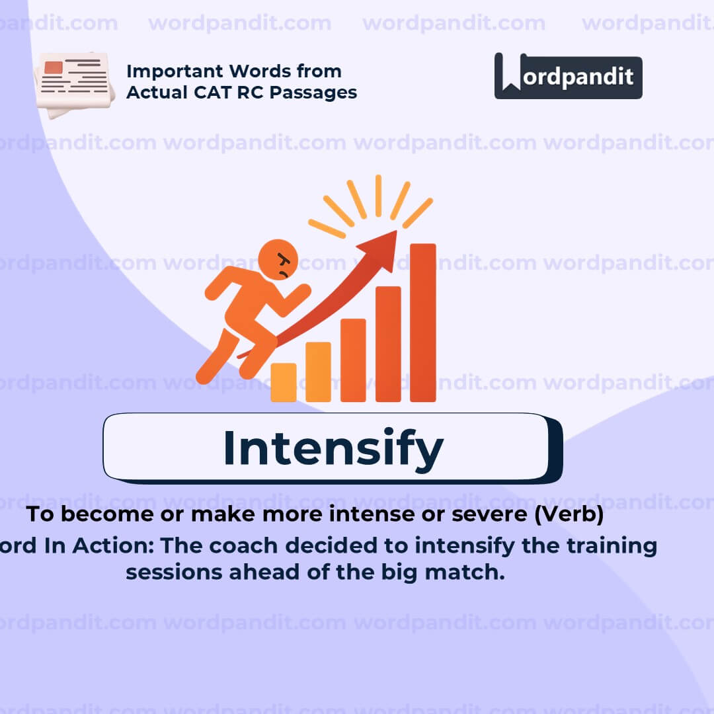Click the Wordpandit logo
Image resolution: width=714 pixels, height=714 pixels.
[x=568, y=76]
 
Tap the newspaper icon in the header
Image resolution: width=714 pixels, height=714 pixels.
[x=74, y=83]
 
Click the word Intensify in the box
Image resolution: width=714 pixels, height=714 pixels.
[x=333, y=448]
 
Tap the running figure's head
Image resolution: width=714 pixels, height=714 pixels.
[x=278, y=260]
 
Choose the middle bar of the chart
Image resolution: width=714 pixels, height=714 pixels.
[x=353, y=360]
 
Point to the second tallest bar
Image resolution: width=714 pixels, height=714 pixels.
[x=388, y=344]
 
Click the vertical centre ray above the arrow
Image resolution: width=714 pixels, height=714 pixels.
[x=378, y=196]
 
